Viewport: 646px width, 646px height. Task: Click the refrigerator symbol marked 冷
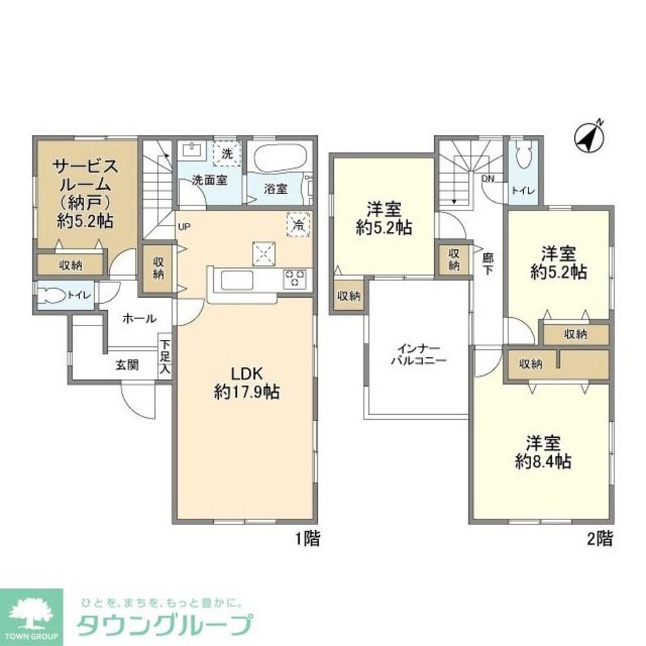[x=298, y=225]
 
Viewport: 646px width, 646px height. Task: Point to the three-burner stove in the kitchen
[x=295, y=278]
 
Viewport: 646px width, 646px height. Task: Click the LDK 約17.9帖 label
[x=246, y=382]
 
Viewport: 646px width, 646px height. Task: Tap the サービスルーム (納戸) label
[x=85, y=193]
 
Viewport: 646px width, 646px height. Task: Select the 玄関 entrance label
[x=127, y=364]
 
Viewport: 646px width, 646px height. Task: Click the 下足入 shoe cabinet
[x=165, y=357]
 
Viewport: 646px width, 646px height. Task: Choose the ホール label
[x=138, y=318]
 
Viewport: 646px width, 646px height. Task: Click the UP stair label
[x=184, y=227]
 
